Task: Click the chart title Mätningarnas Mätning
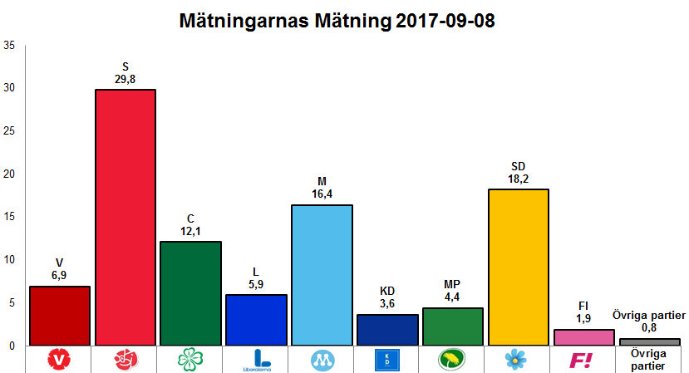coord(337,22)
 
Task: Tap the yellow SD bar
coord(519,266)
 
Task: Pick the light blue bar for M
coord(322,274)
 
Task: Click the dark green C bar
coord(190,292)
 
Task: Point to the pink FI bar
coord(583,336)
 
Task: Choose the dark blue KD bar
coord(387,329)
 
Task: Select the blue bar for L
coord(256,319)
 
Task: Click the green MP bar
coord(453,326)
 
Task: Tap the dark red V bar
coord(59,316)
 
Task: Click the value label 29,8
coord(125,80)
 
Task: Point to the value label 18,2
coord(519,179)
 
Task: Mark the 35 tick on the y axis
coord(9,46)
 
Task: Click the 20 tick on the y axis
coord(9,174)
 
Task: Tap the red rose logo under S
coord(125,360)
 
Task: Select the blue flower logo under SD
coord(517,360)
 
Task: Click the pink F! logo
coord(583,360)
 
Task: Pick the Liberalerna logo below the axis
coord(257,360)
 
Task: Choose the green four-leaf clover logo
coord(190,360)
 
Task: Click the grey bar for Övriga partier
coord(649,341)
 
